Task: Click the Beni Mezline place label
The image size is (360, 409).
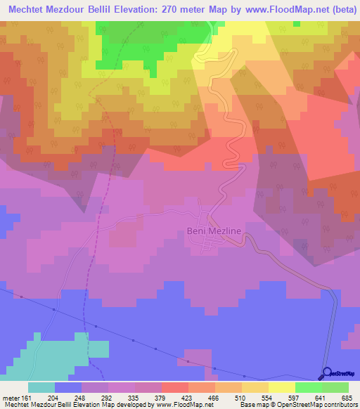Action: click(x=214, y=231)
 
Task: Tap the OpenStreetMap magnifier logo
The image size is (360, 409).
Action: click(x=325, y=373)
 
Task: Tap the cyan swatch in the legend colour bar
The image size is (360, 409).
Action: click(x=41, y=387)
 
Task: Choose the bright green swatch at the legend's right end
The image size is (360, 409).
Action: click(x=335, y=387)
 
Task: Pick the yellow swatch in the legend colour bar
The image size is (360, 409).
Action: click(x=281, y=387)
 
